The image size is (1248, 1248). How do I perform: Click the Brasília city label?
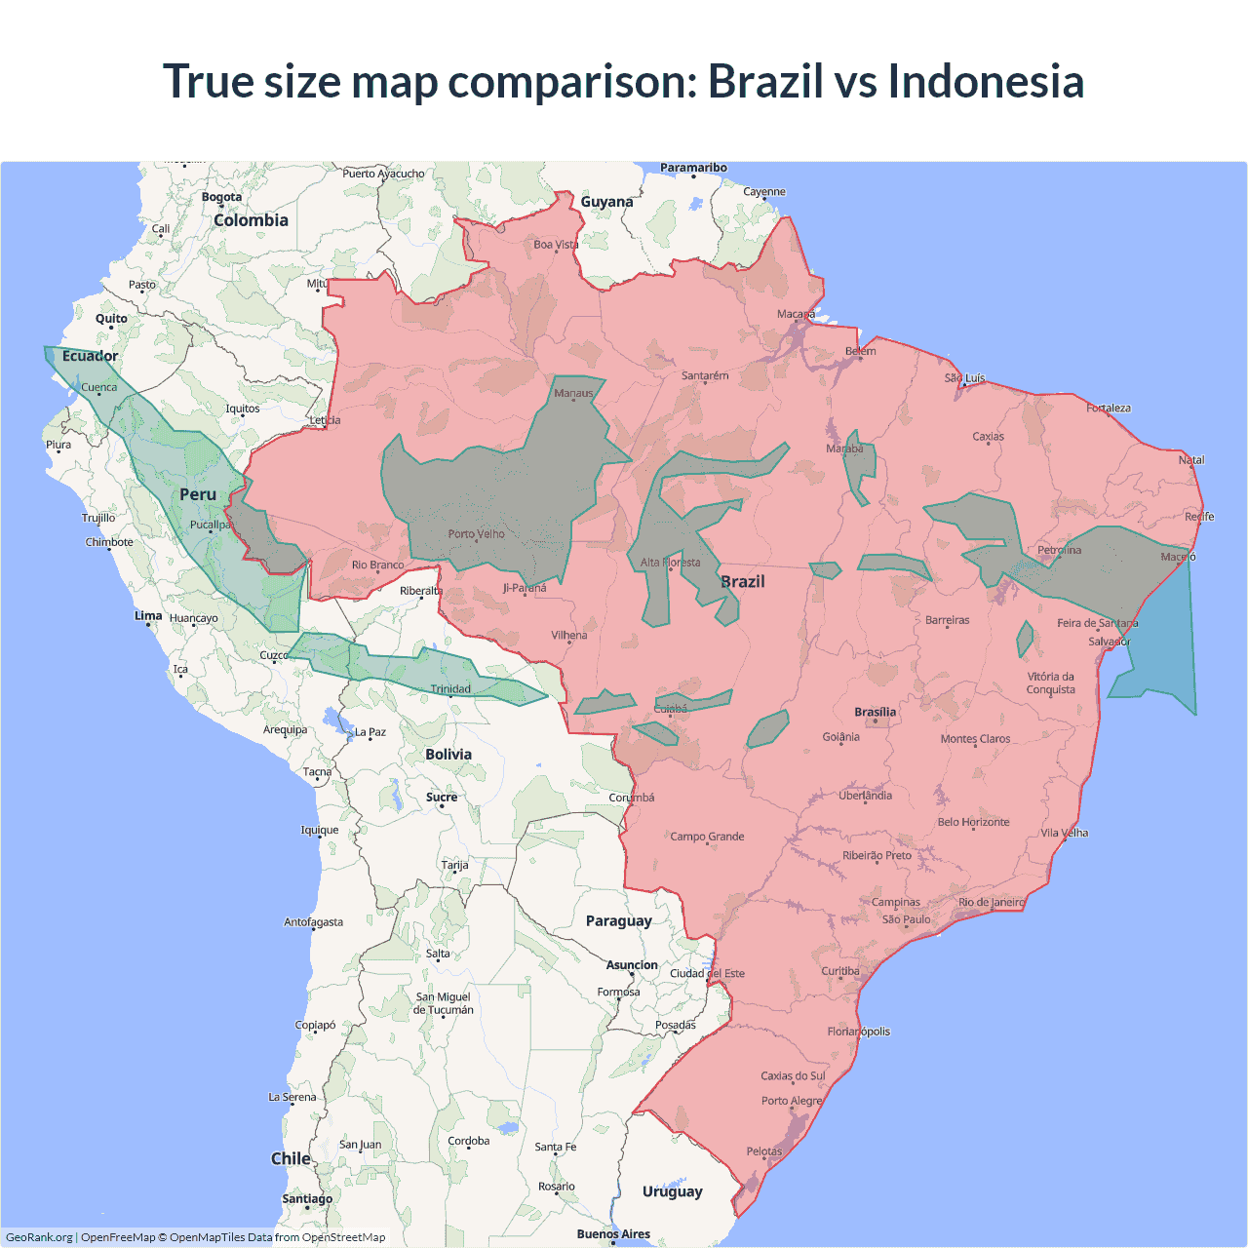875,712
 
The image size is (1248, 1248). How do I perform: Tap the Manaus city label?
573,393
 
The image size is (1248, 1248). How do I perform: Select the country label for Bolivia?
448,755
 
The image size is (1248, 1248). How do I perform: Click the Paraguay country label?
618,920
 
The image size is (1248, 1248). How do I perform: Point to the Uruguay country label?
672,1191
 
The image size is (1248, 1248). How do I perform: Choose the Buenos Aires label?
613,1234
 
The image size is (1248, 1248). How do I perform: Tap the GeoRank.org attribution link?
39,1237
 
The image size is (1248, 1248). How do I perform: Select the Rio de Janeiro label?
991,902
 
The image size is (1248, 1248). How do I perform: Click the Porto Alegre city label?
792,1101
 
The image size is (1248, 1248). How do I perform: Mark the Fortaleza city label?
1109,408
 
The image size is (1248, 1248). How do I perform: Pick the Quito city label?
111,319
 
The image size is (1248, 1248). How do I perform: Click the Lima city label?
148,615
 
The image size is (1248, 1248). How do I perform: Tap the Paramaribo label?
693,168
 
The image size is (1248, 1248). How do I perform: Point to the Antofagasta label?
313,921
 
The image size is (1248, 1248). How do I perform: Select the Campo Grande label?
707,837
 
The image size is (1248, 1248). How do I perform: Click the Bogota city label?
221,197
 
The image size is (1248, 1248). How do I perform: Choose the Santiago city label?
307,1198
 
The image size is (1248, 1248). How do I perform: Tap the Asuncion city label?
632,965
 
